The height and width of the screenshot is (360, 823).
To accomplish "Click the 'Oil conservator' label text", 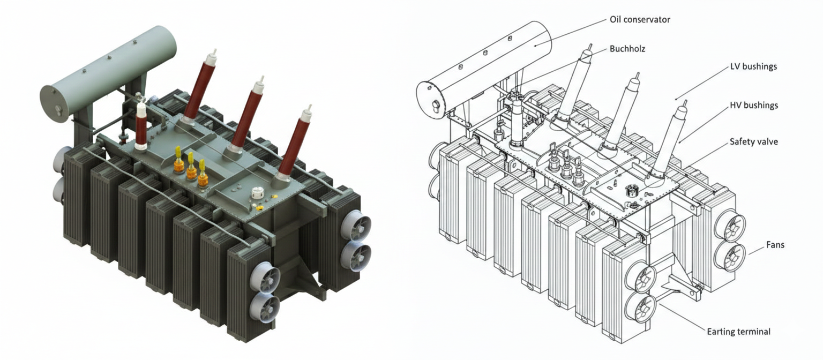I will point(640,20).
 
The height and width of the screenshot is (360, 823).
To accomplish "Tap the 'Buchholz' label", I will point(627,48).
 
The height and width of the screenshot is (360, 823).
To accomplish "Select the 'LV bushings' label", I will point(753,67).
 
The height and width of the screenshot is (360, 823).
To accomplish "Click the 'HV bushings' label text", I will point(753,106).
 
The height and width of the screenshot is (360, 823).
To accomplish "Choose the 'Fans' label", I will point(775,245).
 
